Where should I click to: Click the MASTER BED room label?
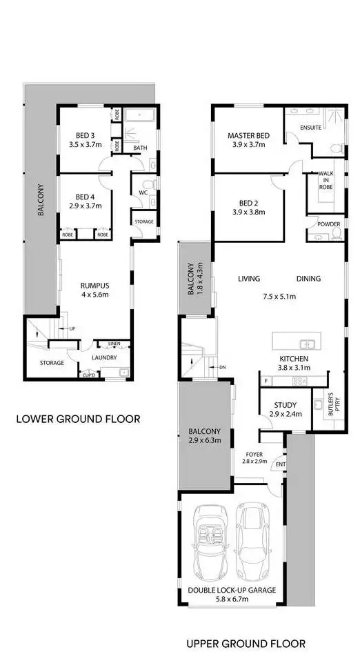[x=248, y=135]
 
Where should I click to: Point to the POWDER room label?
[x=328, y=225]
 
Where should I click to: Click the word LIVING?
[x=249, y=279]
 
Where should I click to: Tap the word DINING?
[x=308, y=279]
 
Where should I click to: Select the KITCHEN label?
[x=293, y=359]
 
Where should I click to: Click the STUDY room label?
[x=285, y=405]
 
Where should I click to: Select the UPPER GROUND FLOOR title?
[x=246, y=644]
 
